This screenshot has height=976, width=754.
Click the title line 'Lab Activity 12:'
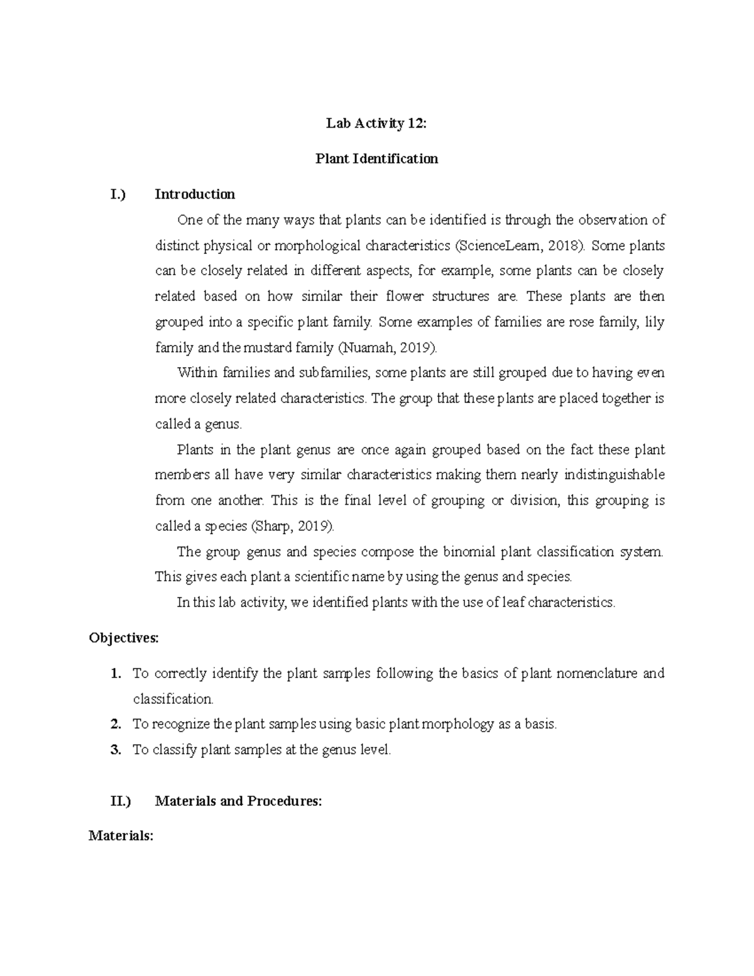376,124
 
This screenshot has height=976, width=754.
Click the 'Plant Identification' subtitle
376,159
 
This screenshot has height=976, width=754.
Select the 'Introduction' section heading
195,194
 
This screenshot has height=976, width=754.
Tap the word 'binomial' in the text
470,552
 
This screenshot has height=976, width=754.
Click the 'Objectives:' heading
124,639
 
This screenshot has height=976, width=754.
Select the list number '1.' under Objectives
115,674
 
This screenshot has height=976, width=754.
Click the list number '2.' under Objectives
115,724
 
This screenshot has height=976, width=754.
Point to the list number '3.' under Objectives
115,750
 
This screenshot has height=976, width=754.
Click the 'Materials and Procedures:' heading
238,801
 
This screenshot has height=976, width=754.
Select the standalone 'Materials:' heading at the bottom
121,836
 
